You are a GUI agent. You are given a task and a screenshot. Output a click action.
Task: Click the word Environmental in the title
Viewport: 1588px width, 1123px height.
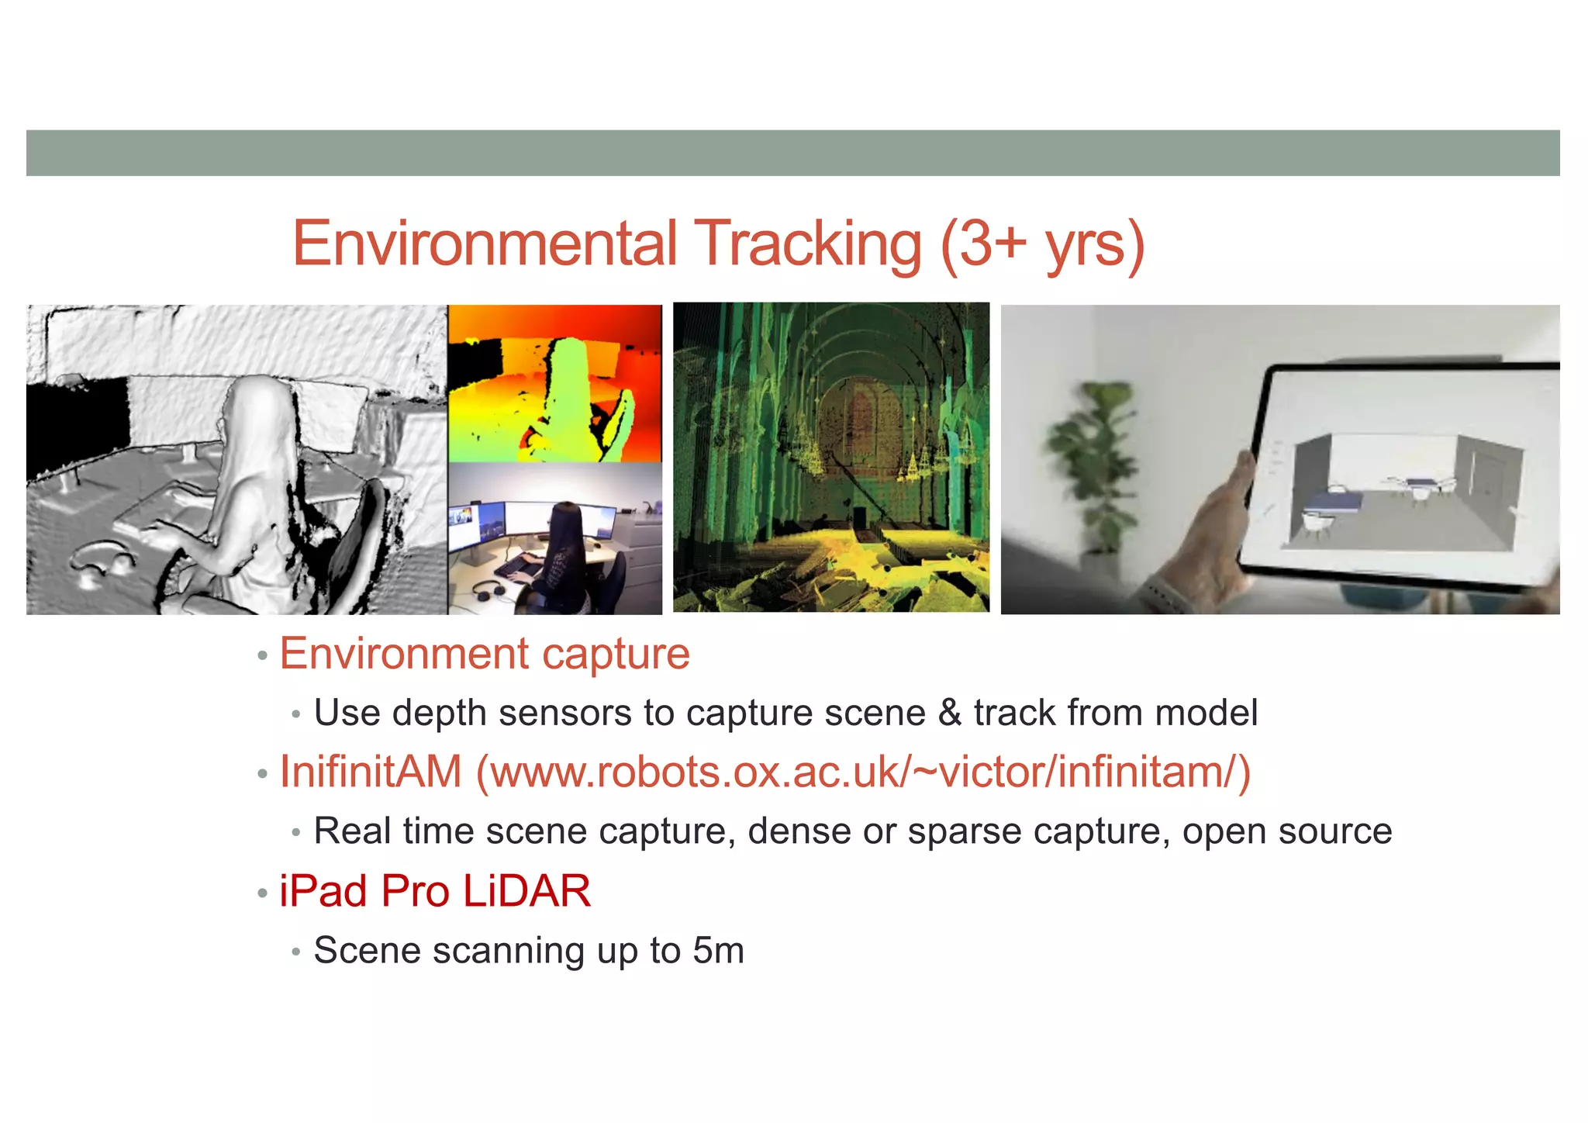coord(485,244)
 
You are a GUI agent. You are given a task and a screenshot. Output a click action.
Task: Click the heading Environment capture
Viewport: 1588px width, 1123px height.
coord(485,654)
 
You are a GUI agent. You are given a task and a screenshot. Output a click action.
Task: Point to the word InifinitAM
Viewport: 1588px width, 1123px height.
coord(371,772)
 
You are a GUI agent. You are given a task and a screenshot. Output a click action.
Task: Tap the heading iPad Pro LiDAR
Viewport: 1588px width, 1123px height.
coord(435,891)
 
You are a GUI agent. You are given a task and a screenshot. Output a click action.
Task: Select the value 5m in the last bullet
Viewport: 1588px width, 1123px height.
coord(718,951)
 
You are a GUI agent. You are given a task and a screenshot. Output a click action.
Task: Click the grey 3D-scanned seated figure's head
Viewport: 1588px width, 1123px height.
coord(256,411)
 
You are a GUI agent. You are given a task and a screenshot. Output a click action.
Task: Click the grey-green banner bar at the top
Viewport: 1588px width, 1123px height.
coord(792,153)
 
